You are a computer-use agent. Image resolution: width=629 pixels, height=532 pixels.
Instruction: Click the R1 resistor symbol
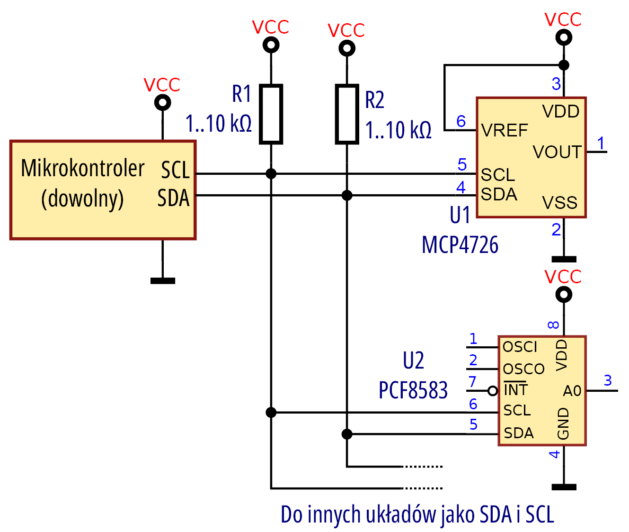[x=271, y=114]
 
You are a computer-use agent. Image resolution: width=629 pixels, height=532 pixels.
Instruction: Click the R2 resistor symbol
[x=347, y=114]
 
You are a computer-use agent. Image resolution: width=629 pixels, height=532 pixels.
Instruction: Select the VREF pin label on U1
[x=505, y=130]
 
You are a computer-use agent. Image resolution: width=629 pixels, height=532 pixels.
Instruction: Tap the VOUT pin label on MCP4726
[x=557, y=152]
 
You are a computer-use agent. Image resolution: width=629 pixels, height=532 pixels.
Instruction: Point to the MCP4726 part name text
[x=460, y=245]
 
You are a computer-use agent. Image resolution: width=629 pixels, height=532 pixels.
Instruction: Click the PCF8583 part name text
[x=413, y=390]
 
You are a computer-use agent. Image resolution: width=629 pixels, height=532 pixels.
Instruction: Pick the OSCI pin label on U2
[x=520, y=347]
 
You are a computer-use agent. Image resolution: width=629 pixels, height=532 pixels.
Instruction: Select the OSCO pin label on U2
[x=523, y=369]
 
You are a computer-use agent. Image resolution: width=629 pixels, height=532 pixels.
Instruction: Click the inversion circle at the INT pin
[x=493, y=391]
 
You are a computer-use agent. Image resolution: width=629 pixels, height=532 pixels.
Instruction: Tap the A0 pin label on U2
[x=572, y=391]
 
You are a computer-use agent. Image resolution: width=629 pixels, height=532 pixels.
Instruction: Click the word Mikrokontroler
[x=83, y=168]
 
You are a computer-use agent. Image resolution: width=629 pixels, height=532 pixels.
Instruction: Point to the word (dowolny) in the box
[x=82, y=198]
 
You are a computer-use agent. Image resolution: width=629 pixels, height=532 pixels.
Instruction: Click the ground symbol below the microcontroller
[x=163, y=280]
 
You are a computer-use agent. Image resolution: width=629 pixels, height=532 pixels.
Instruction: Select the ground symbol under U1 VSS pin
[x=564, y=259]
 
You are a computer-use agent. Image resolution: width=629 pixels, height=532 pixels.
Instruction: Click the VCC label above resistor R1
[x=271, y=27]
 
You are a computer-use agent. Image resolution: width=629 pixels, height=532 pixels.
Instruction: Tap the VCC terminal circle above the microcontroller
[x=163, y=102]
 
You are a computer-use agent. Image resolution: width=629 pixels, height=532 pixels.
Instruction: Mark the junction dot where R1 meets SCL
[x=271, y=174]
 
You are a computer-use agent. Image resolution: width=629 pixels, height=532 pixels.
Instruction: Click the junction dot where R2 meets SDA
[x=347, y=195]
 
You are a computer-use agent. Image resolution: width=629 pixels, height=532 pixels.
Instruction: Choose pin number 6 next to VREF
[x=461, y=121]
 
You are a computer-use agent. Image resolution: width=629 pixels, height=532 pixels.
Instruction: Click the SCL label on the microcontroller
[x=175, y=170]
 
